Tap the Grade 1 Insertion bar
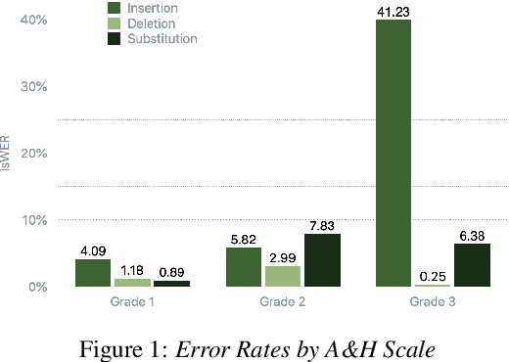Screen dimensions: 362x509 pyautogui.click(x=93, y=273)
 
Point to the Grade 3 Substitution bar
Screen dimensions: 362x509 pyautogui.click(x=472, y=265)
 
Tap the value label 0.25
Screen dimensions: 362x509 pyautogui.click(x=433, y=276)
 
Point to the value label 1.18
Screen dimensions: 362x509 pyautogui.click(x=132, y=270)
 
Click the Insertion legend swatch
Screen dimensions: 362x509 pyautogui.click(x=116, y=8)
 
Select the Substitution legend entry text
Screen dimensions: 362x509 pyautogui.click(x=166, y=39)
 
